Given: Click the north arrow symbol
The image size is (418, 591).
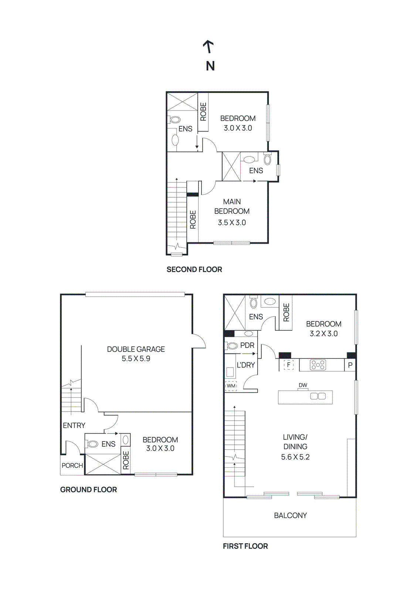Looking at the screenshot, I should (x=209, y=47).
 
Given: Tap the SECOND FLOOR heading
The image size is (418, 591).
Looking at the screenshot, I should (x=194, y=270).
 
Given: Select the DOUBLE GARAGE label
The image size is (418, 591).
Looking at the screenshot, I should (x=136, y=349).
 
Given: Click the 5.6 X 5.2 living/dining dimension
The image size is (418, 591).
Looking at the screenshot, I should (x=295, y=457).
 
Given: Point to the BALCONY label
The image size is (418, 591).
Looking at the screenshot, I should (x=290, y=515).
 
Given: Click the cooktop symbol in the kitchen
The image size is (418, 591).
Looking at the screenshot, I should (x=318, y=365).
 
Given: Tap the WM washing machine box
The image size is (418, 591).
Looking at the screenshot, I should (x=231, y=386).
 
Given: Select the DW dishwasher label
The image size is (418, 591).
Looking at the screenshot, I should (x=303, y=385).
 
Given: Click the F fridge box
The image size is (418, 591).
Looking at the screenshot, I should (x=288, y=365).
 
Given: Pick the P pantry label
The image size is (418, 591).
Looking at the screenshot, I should (x=350, y=365).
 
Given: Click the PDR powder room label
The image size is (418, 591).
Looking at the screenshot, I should (x=247, y=345).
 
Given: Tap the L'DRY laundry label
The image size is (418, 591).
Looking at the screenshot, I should (x=246, y=365).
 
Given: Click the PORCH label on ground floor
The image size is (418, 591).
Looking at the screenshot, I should (x=72, y=465).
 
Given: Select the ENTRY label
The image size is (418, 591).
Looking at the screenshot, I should (x=74, y=426).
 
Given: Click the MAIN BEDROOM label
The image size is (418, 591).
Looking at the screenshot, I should (x=232, y=206).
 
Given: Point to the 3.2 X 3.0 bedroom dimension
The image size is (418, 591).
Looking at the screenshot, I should (x=323, y=334).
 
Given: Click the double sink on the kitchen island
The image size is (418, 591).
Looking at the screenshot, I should (x=318, y=396).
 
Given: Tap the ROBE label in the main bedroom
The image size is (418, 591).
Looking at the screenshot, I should (x=193, y=220).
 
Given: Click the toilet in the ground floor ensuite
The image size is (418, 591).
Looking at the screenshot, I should (x=92, y=444).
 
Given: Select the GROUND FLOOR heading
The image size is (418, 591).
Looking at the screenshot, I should (x=88, y=490).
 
